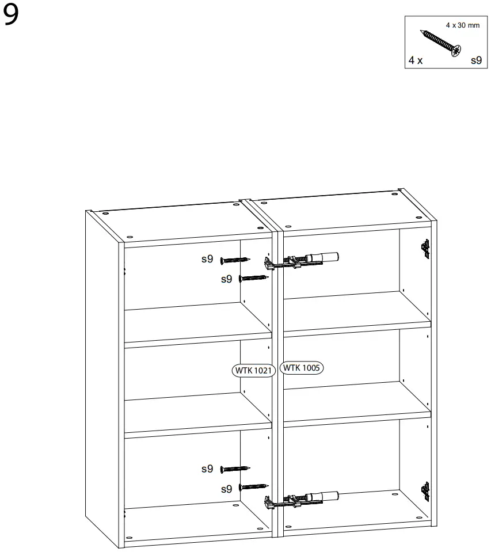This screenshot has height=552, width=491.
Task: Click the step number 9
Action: (11, 16)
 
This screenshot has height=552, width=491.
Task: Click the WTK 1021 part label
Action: (254, 370)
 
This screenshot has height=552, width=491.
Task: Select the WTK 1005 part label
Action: (302, 367)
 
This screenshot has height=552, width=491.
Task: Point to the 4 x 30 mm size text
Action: (462, 25)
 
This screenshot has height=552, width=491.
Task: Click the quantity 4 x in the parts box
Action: (415, 60)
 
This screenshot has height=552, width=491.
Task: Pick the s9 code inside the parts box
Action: (476, 59)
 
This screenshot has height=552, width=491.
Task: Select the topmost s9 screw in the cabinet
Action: (235, 260)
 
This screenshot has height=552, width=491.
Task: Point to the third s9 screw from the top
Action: (235, 469)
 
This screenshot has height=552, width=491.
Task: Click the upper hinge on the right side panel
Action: (425, 247)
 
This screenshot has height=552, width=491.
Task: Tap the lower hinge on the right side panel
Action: (425, 489)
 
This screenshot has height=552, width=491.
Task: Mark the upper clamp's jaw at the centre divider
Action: (269, 264)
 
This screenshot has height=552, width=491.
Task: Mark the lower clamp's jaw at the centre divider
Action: (269, 503)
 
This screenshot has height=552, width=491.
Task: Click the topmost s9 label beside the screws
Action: (207, 260)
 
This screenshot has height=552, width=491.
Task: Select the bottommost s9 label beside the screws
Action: (227, 489)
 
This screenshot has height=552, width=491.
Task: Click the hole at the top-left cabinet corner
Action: (105, 213)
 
